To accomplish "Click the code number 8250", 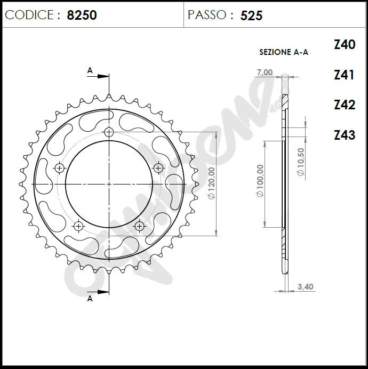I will (x=82, y=15).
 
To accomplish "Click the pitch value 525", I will (x=251, y=15).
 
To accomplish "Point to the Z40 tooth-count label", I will (x=344, y=45).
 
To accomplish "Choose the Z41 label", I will (x=344, y=75).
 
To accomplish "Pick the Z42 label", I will (x=344, y=105).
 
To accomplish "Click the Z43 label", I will (x=344, y=135).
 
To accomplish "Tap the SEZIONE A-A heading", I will (x=283, y=52).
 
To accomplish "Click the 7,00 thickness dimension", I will (x=265, y=73).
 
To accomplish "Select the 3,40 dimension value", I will (x=305, y=287).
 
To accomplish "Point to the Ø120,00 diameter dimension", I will (x=211, y=183).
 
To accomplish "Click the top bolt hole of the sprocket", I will (x=109, y=132).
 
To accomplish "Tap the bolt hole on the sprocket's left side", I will (x=59, y=168).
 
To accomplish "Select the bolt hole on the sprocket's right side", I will (x=158, y=168).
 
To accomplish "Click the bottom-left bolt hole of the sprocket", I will (x=78, y=226).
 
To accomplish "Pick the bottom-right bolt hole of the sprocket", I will (x=139, y=226).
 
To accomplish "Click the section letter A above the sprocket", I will (x=90, y=70).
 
